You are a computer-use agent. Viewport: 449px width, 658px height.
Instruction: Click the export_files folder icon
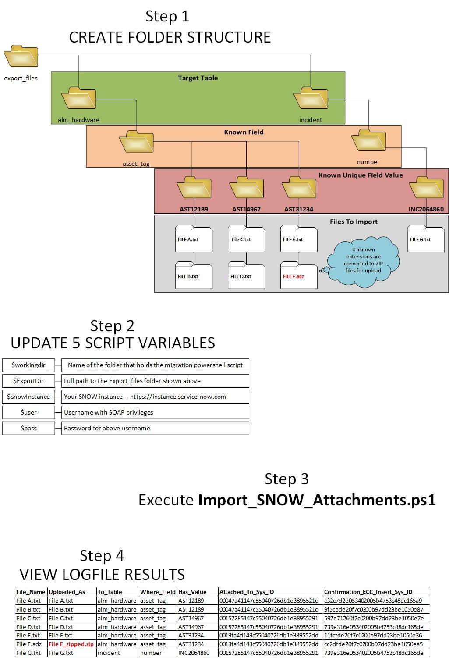tap(21, 56)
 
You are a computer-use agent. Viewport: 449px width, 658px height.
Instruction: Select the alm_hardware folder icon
tap(78, 98)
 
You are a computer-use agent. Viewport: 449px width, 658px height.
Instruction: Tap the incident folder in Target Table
tap(311, 98)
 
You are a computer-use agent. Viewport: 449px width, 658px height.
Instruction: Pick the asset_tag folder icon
tap(136, 142)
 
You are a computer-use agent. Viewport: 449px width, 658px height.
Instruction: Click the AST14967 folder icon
tap(246, 187)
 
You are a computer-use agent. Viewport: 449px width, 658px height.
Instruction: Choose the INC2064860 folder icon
tap(426, 187)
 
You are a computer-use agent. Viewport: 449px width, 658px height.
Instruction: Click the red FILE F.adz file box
tap(298, 276)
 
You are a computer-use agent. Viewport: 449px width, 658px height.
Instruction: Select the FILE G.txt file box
tap(425, 239)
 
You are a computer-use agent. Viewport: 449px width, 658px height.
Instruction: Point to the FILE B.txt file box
tap(193, 276)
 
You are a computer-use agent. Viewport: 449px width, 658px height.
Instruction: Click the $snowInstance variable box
tap(28, 397)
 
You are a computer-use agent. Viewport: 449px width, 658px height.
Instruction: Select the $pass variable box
tap(28, 428)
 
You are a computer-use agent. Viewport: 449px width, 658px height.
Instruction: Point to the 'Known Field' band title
tap(244, 132)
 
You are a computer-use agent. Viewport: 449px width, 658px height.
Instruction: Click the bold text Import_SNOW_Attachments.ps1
tap(317, 500)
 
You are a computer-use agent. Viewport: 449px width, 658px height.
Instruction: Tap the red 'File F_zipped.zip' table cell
tap(71, 644)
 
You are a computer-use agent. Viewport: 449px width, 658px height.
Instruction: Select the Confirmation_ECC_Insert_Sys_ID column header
tap(368, 592)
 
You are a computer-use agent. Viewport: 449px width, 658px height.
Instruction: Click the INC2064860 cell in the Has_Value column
tap(194, 653)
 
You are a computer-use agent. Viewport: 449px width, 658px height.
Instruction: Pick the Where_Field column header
tap(158, 592)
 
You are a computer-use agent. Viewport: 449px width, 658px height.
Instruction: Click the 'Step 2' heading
tap(112, 326)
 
